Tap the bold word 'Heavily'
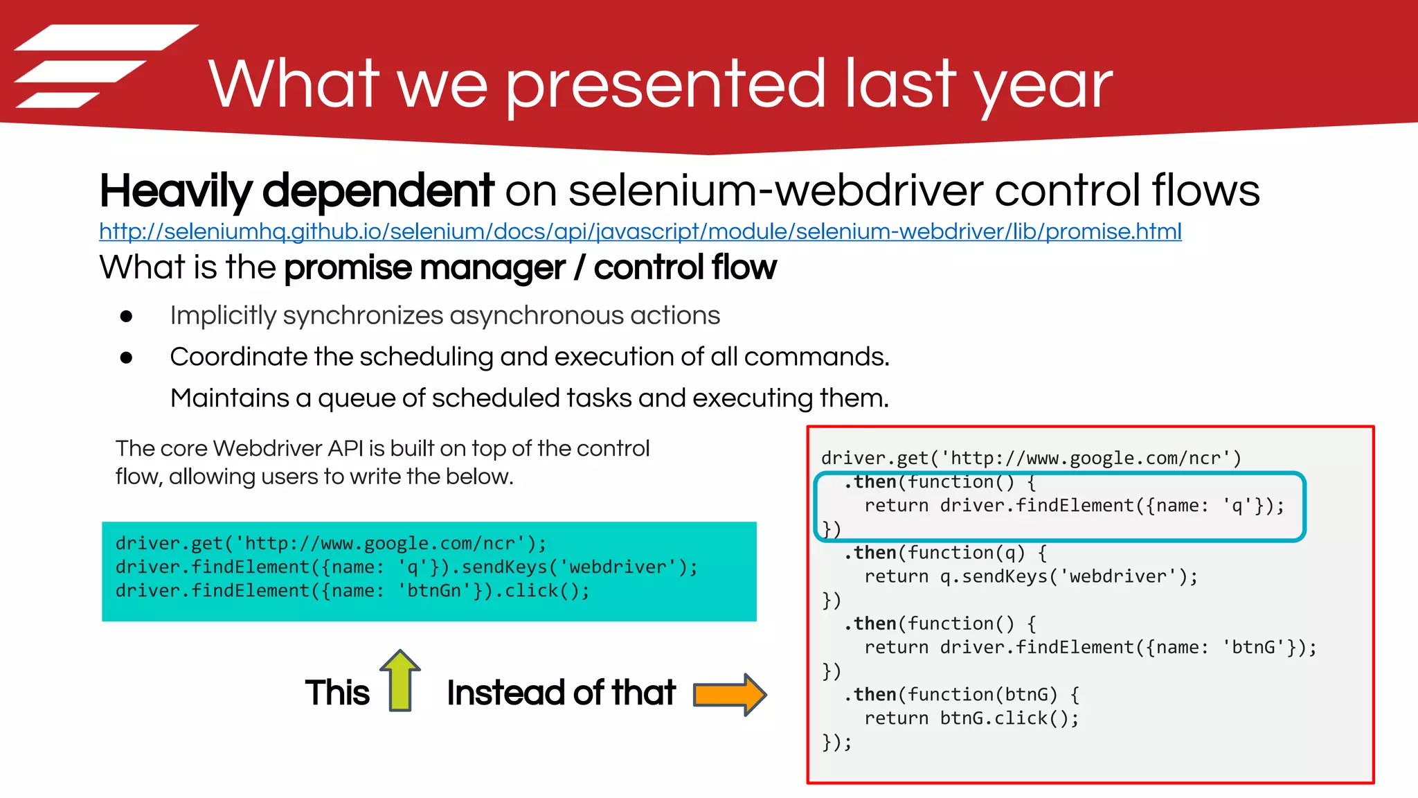tap(176, 191)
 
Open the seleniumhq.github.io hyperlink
tap(640, 231)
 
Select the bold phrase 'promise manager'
tap(424, 268)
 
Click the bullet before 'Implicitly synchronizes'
tap(126, 317)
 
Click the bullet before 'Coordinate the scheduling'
tap(126, 357)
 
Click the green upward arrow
tap(400, 680)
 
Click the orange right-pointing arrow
tap(730, 694)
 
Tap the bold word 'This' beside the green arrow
tap(337, 693)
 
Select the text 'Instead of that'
tap(561, 693)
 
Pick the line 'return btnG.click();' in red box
tap(971, 718)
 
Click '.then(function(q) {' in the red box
tap(945, 553)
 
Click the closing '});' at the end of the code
tap(836, 742)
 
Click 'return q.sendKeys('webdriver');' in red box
tap(1030, 576)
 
